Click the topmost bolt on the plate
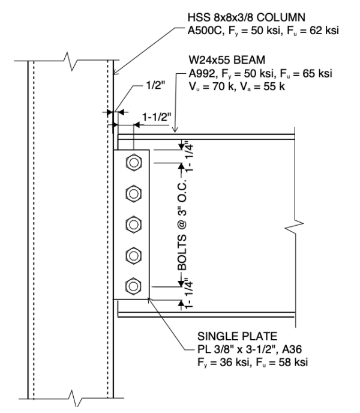(x=133, y=163)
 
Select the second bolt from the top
(x=133, y=193)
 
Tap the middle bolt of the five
(x=133, y=224)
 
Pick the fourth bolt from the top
(x=133, y=255)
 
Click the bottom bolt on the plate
(x=133, y=285)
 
